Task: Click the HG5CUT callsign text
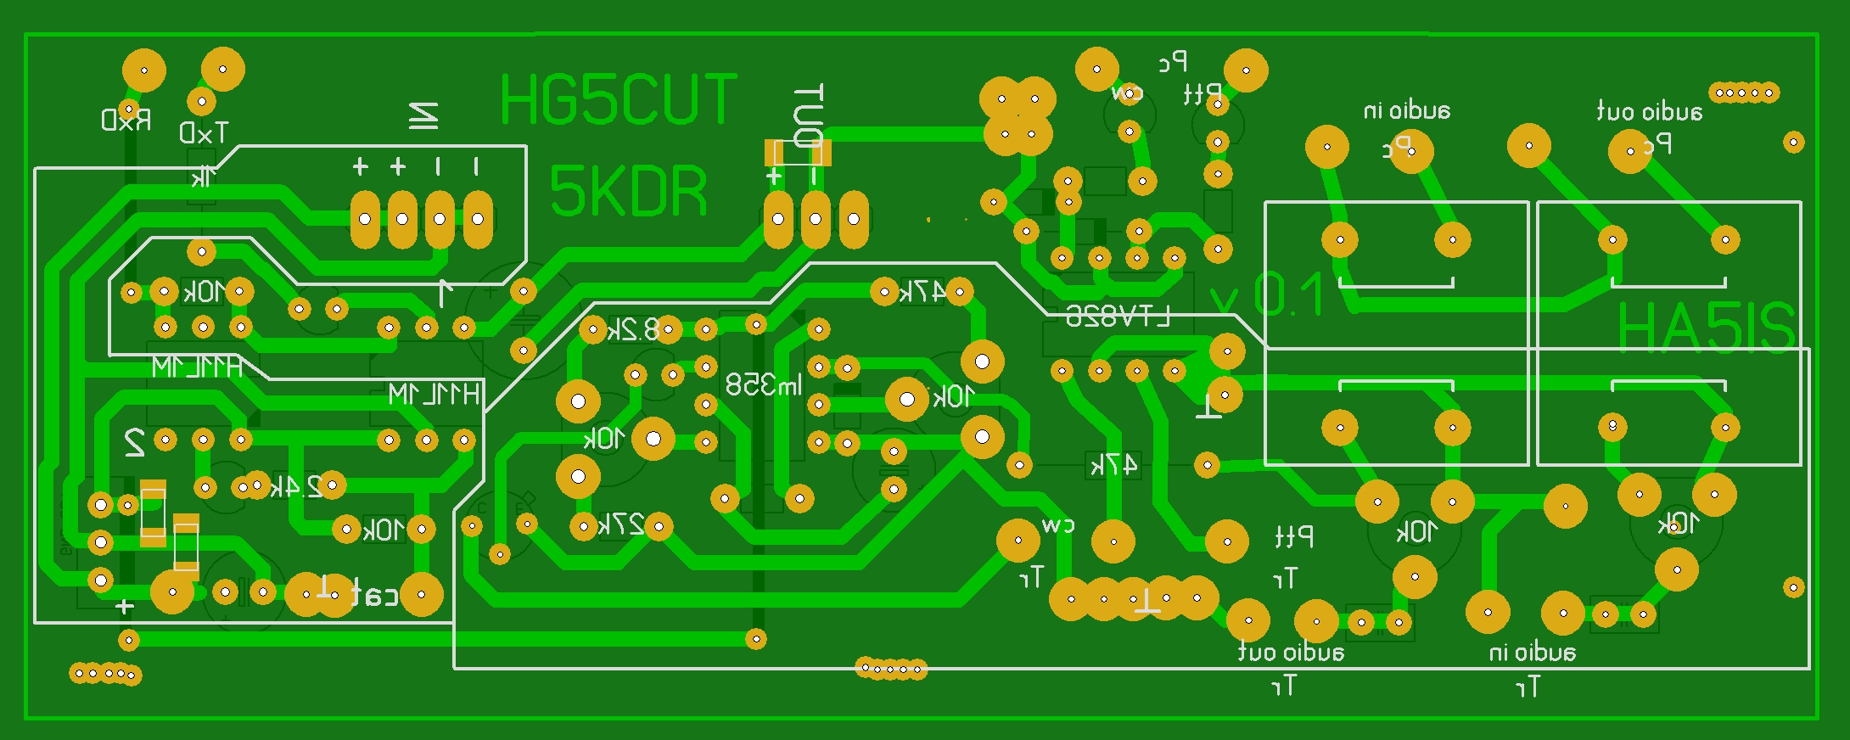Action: pyautogui.click(x=619, y=100)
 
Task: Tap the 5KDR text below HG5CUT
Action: pyautogui.click(x=628, y=192)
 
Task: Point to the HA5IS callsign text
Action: pyautogui.click(x=1706, y=328)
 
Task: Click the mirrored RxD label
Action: pyautogui.click(x=126, y=120)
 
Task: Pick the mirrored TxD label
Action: pyautogui.click(x=204, y=132)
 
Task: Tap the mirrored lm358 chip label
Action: pyautogui.click(x=764, y=385)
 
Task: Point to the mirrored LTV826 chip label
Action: pyautogui.click(x=1118, y=317)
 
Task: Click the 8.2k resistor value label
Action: pyautogui.click(x=634, y=329)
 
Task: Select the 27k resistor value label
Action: pyautogui.click(x=621, y=525)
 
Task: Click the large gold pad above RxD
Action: pyautogui.click(x=144, y=70)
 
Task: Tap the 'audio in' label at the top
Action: pyautogui.click(x=1406, y=110)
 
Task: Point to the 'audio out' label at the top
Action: pyautogui.click(x=1649, y=112)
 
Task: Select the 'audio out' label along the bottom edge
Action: pyautogui.click(x=1291, y=652)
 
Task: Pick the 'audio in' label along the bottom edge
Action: pyautogui.click(x=1532, y=652)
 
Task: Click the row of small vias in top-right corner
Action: pyautogui.click(x=1744, y=92)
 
